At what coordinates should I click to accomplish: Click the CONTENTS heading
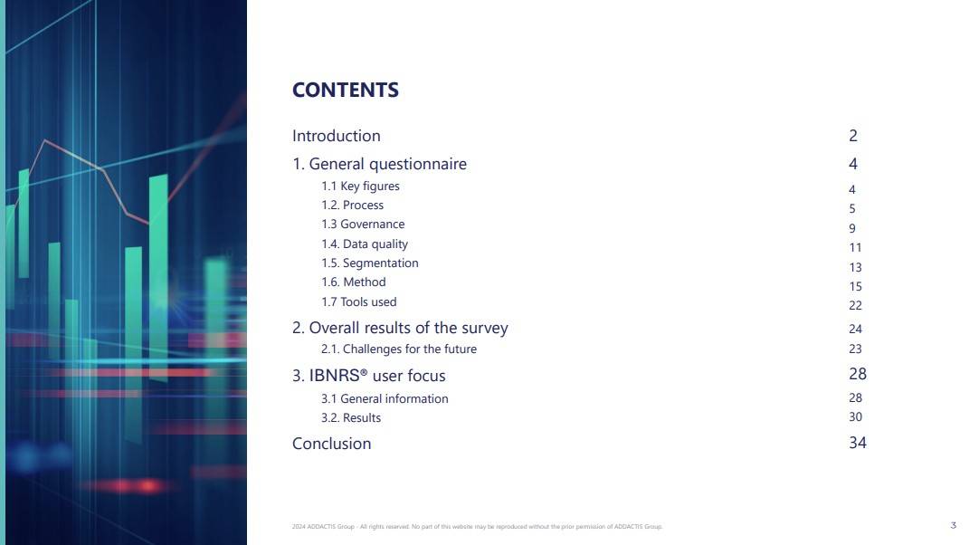(x=346, y=90)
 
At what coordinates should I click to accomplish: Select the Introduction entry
(x=337, y=136)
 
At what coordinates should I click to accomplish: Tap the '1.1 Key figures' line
(x=360, y=186)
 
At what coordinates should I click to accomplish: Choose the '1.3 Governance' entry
(x=363, y=224)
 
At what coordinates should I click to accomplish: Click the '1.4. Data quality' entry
(x=365, y=244)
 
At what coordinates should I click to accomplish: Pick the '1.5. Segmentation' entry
(x=369, y=263)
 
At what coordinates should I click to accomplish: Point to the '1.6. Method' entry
(x=354, y=282)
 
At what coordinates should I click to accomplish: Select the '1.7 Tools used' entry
(x=359, y=301)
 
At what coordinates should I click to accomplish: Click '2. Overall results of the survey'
(x=400, y=328)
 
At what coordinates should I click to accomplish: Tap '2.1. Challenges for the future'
(x=399, y=349)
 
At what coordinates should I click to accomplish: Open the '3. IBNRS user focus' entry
(x=369, y=376)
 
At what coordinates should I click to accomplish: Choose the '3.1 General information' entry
(x=385, y=399)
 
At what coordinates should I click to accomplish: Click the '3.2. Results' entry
(x=351, y=417)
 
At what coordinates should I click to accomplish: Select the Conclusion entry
(x=332, y=444)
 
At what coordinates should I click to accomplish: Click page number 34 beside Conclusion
(x=858, y=443)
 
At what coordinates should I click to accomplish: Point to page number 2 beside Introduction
(x=853, y=136)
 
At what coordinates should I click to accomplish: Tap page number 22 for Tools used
(x=855, y=306)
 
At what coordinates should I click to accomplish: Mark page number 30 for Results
(x=855, y=417)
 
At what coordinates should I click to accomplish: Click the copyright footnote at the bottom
(x=477, y=527)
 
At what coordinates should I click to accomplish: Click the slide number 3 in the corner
(x=953, y=525)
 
